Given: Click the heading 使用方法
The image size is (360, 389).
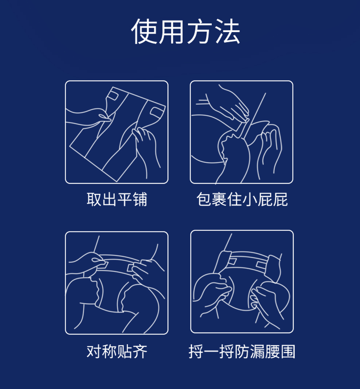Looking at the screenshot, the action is tap(186, 31).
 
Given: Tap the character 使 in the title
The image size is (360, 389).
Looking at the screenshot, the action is tap(144, 31).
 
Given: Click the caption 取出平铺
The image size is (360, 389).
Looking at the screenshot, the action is tap(117, 199).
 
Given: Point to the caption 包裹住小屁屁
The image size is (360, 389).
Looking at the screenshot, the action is tap(242, 199).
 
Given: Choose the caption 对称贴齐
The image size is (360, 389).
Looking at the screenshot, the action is tap(117, 351).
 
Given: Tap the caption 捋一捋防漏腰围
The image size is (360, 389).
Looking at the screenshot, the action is tap(242, 351).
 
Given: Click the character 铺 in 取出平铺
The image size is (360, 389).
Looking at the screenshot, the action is tap(140, 199).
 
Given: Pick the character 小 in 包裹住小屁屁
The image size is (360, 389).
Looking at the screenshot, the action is tap(250, 199).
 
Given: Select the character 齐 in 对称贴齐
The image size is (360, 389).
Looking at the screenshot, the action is tap(140, 351).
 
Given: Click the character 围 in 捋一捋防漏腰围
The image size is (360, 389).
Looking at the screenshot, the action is tap(288, 351).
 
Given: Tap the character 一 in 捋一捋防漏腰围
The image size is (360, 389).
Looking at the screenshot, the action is tap(211, 352).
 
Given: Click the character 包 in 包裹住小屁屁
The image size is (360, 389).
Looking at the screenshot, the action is tap(204, 199).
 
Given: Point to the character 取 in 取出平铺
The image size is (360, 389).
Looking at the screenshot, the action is tap(94, 199).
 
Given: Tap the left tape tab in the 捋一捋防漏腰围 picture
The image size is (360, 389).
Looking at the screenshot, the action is tap(232, 261).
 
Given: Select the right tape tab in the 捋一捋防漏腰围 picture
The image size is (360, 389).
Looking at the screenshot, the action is tap(260, 264).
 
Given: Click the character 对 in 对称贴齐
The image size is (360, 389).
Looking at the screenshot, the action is tap(94, 351).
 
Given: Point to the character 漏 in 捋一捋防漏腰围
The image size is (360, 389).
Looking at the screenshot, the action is tap(257, 351).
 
